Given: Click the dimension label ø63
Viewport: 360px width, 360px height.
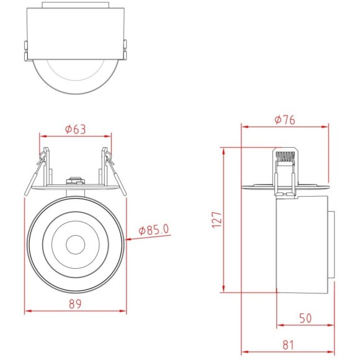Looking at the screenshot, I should pos(75,129).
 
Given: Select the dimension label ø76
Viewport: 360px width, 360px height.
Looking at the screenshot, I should pos(284,120).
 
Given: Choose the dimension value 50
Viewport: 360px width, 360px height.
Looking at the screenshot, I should pos(305,318).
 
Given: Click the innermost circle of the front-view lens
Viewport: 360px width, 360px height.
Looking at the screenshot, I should pos(75,243).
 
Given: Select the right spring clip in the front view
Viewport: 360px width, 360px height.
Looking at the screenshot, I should pos(108,163).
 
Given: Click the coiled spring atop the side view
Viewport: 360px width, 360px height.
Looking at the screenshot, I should pos(285,156).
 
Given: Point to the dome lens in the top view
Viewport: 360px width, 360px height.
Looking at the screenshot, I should pos(74,74).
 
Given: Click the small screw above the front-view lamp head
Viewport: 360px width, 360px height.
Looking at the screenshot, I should pos(74,181).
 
